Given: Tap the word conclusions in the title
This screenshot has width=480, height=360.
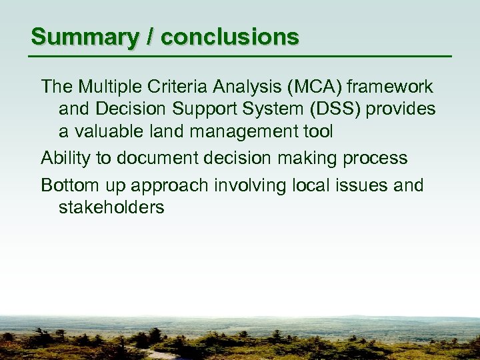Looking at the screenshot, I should pyautogui.click(x=230, y=37).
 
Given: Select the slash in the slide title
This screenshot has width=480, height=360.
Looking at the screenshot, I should pyautogui.click(x=151, y=37).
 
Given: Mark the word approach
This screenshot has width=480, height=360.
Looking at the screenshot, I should pyautogui.click(x=171, y=185).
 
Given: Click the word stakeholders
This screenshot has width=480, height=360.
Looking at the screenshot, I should pyautogui.click(x=111, y=207).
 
